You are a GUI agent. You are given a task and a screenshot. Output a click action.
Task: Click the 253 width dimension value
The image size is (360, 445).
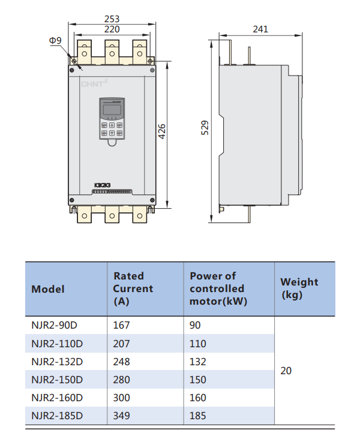(112, 18)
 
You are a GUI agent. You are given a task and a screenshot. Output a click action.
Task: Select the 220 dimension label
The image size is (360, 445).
(112, 29)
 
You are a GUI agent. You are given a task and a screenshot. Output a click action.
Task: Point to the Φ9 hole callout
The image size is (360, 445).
(55, 40)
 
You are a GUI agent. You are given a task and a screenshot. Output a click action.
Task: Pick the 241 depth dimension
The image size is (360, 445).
(260, 29)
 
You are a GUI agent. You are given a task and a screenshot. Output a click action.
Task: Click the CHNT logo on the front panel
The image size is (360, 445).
(92, 84)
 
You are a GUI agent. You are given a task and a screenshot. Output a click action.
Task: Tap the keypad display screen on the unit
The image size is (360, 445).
(111, 110)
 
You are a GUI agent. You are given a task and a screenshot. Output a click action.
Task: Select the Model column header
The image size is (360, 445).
(48, 289)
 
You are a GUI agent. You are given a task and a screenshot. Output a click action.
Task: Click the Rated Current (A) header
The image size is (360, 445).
(133, 288)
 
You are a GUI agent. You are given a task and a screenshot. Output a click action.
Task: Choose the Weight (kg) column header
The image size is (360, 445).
(299, 288)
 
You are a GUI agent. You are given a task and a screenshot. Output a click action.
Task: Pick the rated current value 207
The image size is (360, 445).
(122, 344)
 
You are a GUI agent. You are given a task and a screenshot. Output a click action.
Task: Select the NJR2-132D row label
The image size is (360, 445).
(57, 362)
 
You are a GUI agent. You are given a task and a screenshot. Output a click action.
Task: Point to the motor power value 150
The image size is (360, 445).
(198, 380)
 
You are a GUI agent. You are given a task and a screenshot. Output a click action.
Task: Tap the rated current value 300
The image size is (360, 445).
(122, 398)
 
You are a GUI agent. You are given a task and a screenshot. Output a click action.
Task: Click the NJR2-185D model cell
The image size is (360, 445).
(57, 416)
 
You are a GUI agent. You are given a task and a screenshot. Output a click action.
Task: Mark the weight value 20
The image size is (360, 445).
(286, 371)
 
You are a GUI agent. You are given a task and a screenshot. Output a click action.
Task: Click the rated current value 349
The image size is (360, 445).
(122, 416)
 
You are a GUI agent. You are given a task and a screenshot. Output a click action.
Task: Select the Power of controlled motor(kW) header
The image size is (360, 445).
(218, 288)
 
